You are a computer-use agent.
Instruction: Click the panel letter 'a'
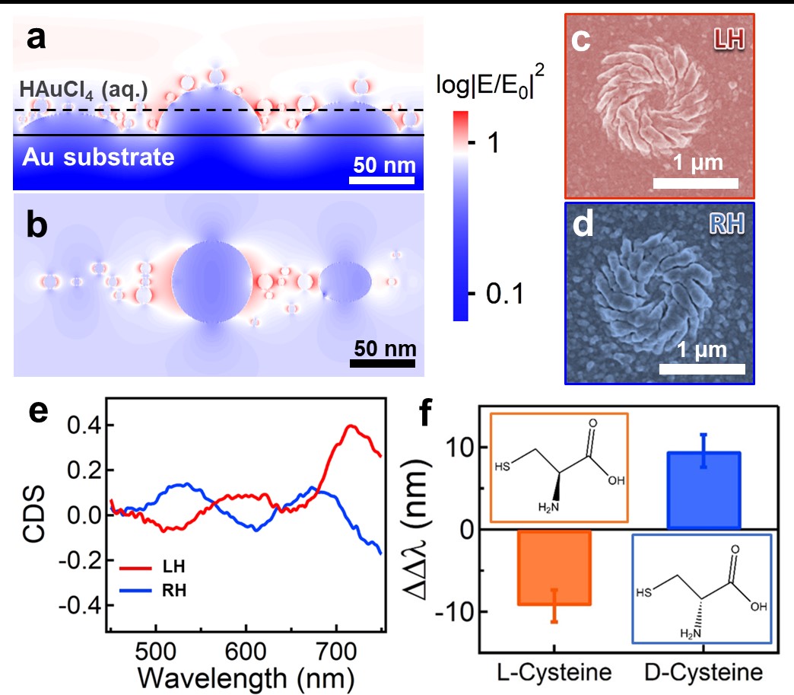(35, 39)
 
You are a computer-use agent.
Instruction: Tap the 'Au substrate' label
(98, 158)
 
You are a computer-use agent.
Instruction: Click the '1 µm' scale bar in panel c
(696, 183)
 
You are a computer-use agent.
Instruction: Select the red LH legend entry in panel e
(152, 567)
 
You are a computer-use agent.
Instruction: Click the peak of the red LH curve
(351, 426)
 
